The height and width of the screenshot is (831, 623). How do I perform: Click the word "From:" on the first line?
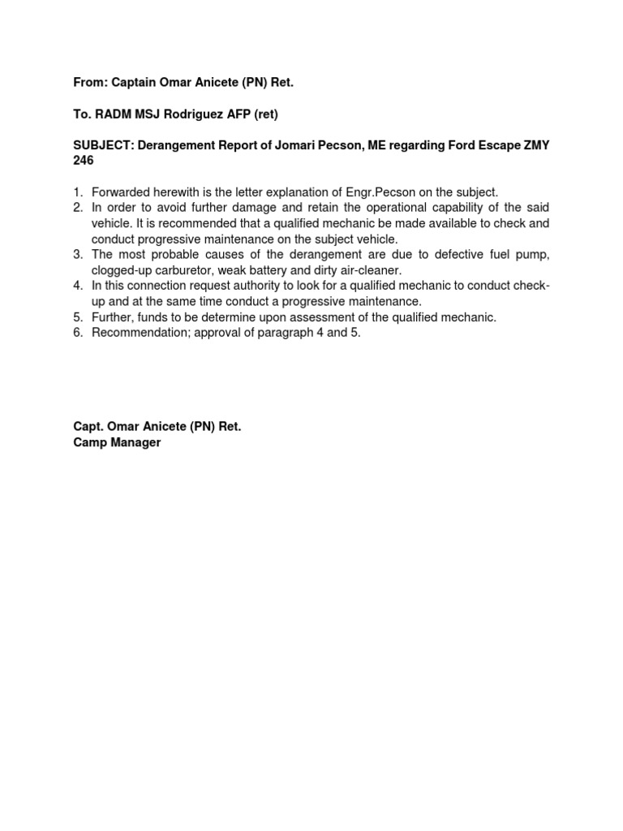click(x=89, y=82)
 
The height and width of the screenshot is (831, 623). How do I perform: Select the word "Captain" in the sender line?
click(x=135, y=82)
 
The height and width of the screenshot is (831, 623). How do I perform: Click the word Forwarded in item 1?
click(x=126, y=192)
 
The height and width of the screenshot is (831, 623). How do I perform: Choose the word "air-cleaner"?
click(x=370, y=270)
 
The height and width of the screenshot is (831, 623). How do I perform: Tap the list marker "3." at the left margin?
click(x=78, y=255)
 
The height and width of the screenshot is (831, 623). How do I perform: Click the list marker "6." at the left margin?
click(x=78, y=333)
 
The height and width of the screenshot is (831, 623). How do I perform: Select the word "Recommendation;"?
click(x=140, y=333)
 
